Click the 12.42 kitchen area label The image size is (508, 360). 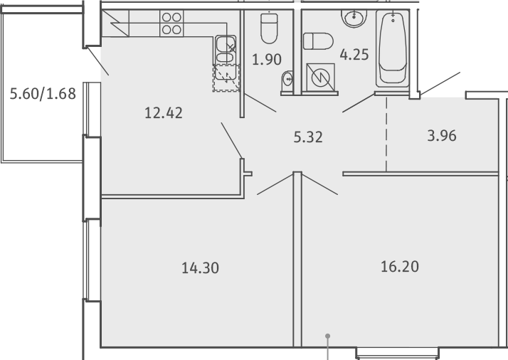[x=164, y=113]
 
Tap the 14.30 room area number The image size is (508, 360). [x=200, y=268]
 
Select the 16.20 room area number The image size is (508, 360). [x=400, y=267]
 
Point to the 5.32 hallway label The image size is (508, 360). [x=308, y=137]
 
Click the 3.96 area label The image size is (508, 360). [x=442, y=136]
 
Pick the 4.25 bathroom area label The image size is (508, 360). [x=354, y=55]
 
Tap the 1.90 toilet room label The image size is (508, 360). [x=267, y=60]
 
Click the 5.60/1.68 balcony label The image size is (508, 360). [x=43, y=94]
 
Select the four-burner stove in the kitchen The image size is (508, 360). [x=171, y=23]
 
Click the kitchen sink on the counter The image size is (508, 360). [x=226, y=51]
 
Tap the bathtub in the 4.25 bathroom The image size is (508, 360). [x=393, y=48]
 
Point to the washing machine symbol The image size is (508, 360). [x=320, y=77]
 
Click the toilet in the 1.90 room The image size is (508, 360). [x=269, y=28]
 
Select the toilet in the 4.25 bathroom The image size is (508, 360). [x=318, y=41]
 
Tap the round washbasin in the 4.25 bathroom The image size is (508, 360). [x=354, y=18]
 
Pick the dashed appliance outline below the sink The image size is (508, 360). [x=226, y=78]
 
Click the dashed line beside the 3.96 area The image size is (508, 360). [x=386, y=134]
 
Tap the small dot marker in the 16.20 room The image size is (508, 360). [x=327, y=336]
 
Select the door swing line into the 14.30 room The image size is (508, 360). [x=275, y=184]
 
